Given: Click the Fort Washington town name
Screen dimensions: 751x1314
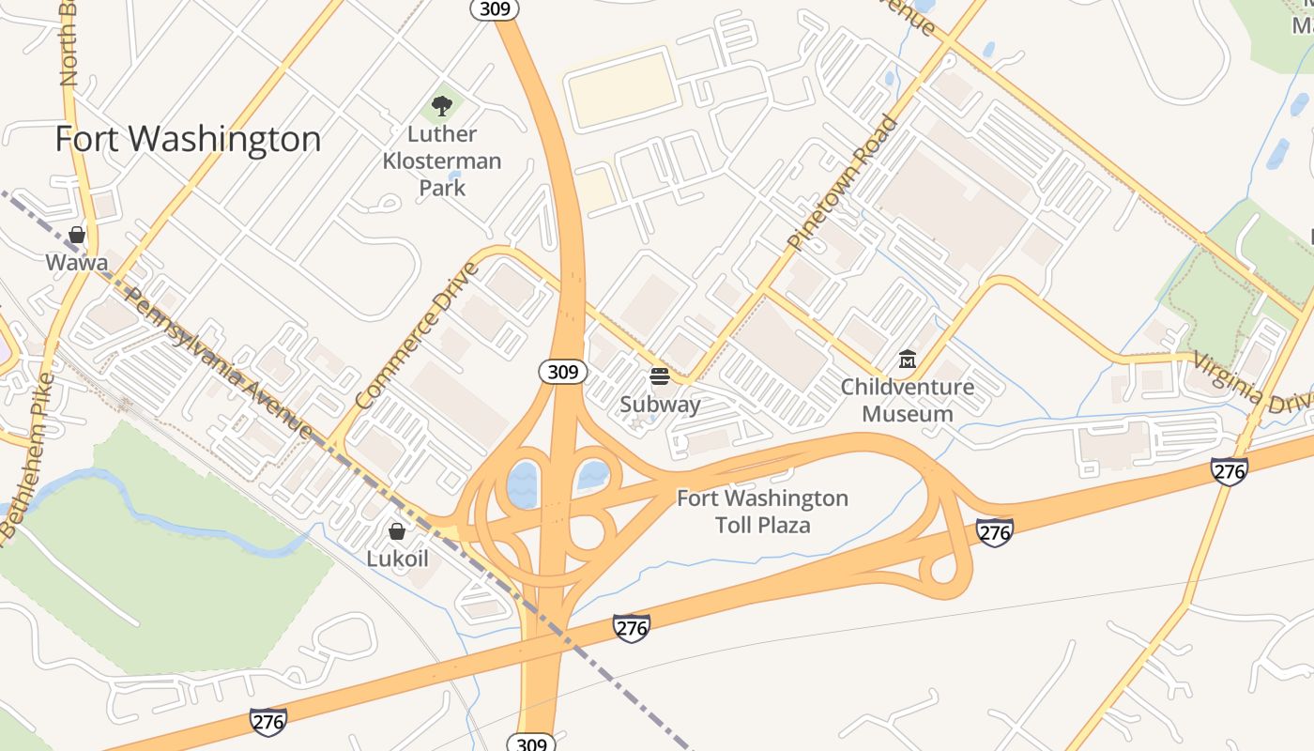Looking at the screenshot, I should [x=188, y=139].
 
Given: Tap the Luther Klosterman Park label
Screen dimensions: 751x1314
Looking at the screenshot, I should [x=442, y=161].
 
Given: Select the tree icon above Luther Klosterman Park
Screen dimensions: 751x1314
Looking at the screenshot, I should [x=441, y=106].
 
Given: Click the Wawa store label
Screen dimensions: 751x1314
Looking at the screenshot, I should [x=77, y=262].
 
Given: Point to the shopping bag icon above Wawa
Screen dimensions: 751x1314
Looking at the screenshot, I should [x=77, y=234].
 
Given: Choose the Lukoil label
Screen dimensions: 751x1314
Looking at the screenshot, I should [x=397, y=559].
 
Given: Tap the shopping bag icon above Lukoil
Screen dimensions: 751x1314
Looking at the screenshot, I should [x=397, y=531].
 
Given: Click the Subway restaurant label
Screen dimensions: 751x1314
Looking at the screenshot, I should [x=660, y=405].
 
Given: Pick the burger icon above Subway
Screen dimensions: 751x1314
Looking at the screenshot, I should [x=660, y=376].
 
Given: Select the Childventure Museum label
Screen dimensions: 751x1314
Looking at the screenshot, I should [x=907, y=400].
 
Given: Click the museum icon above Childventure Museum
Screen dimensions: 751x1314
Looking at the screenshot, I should [x=907, y=359].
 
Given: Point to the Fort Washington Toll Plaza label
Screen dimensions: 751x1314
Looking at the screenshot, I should [x=762, y=511].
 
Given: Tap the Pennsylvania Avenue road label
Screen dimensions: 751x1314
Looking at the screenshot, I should [x=218, y=362].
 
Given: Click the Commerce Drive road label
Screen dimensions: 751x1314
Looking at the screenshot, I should [x=418, y=336].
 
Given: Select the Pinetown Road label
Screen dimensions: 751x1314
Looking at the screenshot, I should [x=842, y=182].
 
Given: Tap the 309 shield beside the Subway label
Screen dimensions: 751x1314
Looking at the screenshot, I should [x=563, y=372].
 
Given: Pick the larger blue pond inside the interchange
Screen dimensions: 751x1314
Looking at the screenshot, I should [x=522, y=484].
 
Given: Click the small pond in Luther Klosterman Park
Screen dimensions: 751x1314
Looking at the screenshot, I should [x=455, y=176].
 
